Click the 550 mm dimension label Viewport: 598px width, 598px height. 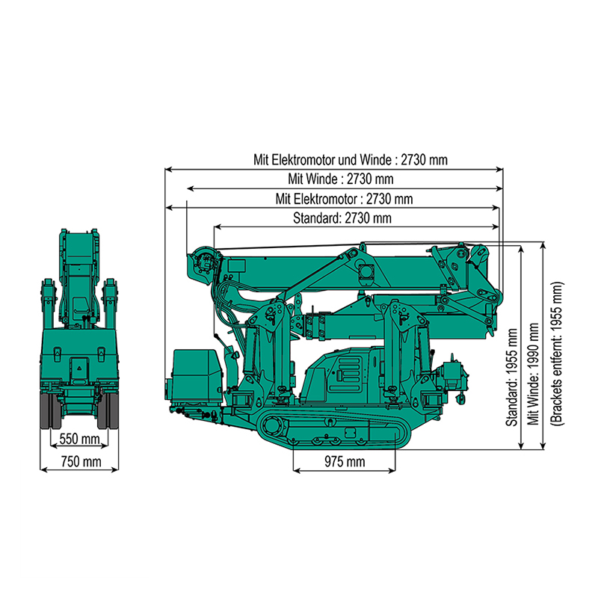79,439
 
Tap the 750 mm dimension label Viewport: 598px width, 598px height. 81,462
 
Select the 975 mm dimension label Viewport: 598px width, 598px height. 345,462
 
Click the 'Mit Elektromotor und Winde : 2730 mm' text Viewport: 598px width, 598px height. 351,159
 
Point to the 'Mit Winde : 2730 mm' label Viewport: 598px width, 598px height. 341,179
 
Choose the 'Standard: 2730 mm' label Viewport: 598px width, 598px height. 342,218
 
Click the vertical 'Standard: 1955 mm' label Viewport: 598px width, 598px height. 511,377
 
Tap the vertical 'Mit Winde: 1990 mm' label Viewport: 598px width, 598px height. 533,374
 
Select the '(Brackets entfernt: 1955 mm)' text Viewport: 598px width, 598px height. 557,354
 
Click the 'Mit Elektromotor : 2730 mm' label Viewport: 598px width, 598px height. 345,199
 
